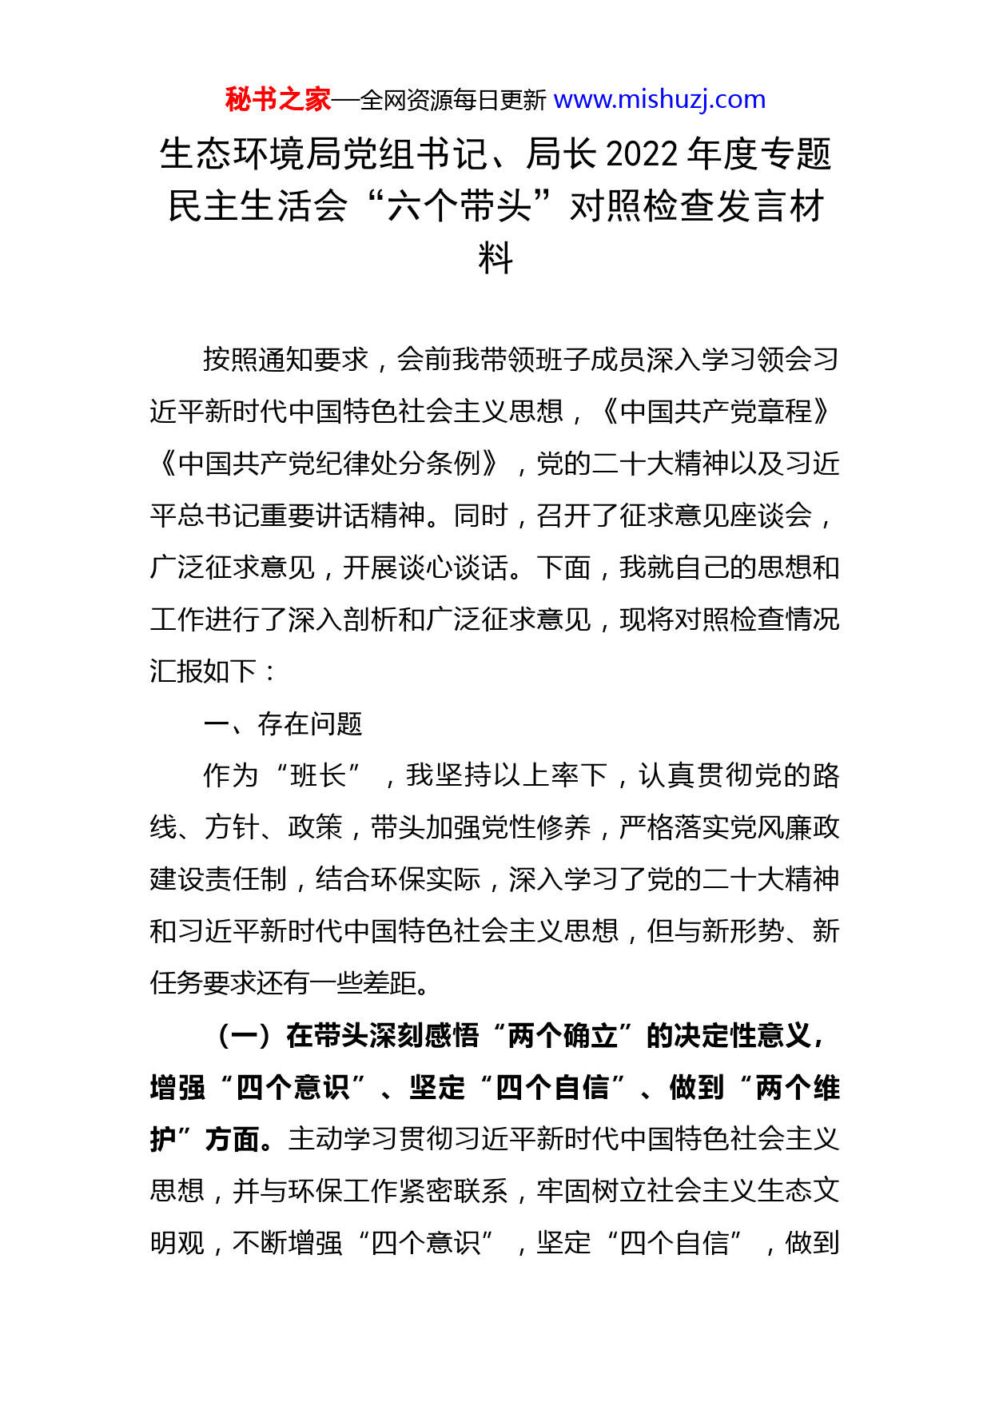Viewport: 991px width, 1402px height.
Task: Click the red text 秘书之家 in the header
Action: pyautogui.click(x=277, y=100)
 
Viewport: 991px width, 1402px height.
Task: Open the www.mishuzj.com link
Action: pyautogui.click(x=659, y=100)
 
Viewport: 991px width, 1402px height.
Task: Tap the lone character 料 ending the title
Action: pyautogui.click(x=495, y=258)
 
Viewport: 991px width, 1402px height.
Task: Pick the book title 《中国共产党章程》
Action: pyautogui.click(x=716, y=412)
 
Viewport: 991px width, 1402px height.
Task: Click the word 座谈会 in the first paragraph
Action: pyautogui.click(x=771, y=516)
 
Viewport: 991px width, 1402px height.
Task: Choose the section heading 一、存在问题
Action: pyautogui.click(x=283, y=723)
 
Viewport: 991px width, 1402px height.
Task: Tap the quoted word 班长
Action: pyautogui.click(x=317, y=775)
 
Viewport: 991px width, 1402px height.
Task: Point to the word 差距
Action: pyautogui.click(x=391, y=983)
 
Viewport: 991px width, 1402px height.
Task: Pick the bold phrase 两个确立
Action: pyautogui.click(x=563, y=1036)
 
